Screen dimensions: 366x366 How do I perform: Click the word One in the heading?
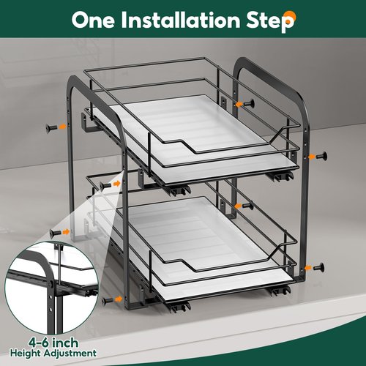(x=93, y=20)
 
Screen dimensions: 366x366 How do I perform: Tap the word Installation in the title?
(x=181, y=20)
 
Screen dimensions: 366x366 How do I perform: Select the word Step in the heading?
(x=270, y=21)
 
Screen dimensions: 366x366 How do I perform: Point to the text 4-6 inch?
(x=53, y=343)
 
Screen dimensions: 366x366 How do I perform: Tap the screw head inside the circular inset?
(x=51, y=284)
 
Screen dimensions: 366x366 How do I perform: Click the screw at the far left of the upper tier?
(x=51, y=127)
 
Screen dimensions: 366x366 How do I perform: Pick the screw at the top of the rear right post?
(x=249, y=104)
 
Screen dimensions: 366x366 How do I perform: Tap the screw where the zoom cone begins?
(x=105, y=186)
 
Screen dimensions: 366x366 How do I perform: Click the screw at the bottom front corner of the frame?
(x=108, y=301)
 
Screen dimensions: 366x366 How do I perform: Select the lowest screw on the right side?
(x=319, y=267)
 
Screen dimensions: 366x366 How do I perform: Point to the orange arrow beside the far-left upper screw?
(x=63, y=126)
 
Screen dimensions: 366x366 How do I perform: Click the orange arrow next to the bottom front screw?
(x=119, y=299)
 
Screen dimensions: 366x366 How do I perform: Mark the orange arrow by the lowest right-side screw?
(x=308, y=268)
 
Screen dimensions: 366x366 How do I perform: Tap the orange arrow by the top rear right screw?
(x=239, y=105)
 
